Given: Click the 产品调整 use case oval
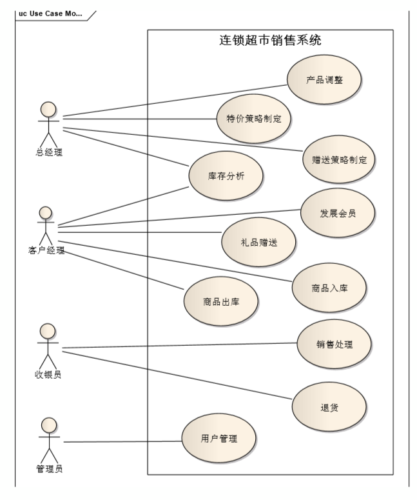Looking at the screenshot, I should coord(325,80).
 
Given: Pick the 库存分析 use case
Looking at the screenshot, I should coord(226,175).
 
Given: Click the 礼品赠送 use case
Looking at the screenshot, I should coord(258,241).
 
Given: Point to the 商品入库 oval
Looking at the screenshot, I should coord(329,286).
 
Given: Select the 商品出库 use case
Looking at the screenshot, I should coord(221,302).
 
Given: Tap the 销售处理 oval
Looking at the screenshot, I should coord(335,343).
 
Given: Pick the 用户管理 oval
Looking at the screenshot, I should coord(219,439).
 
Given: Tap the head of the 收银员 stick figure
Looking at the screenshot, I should coord(46,331).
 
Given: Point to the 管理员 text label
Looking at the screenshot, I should coord(48,468).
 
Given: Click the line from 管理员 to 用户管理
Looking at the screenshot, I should coord(122,441).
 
